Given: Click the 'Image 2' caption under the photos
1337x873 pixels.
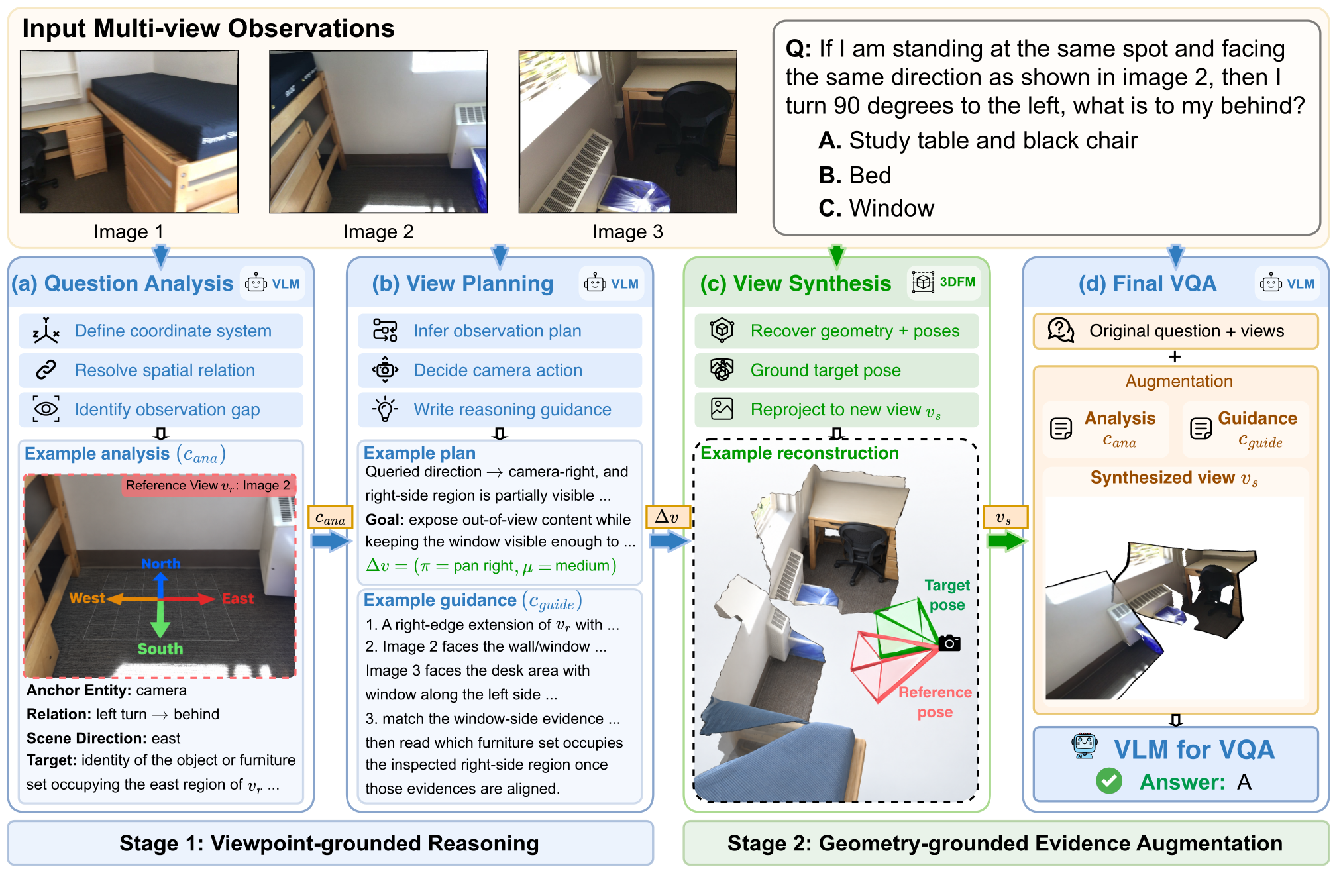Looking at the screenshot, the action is click(x=378, y=232).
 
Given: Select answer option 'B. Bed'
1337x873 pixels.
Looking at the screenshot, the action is click(x=855, y=176).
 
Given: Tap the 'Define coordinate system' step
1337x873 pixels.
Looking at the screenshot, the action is click(x=160, y=331).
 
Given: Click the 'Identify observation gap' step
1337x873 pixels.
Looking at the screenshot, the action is click(x=160, y=409).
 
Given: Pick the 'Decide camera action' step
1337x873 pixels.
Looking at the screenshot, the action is click(x=500, y=370).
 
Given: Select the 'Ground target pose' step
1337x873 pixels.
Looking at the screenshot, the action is click(x=836, y=370).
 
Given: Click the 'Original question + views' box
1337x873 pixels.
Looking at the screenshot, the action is click(x=1175, y=331).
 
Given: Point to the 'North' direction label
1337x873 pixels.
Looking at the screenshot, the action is click(x=161, y=564).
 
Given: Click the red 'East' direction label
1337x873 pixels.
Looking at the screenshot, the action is click(x=238, y=599).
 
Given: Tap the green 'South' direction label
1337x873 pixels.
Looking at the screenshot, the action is click(x=160, y=649).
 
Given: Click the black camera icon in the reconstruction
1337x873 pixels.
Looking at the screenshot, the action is click(x=949, y=643).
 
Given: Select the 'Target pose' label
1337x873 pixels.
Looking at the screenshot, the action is click(x=947, y=595).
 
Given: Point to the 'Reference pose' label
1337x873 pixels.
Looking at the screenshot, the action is click(x=935, y=702).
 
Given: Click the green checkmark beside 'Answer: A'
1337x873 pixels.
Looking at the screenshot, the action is click(x=1109, y=781).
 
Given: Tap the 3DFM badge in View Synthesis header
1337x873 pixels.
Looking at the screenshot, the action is click(x=943, y=282).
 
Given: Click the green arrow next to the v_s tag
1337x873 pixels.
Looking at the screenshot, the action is click(x=1006, y=541).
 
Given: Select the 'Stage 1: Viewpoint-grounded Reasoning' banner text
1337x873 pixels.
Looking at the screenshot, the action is click(x=329, y=843).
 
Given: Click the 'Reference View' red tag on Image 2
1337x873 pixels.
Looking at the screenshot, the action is click(x=208, y=486).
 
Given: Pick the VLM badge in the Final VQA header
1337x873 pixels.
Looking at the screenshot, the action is click(x=1288, y=283).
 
